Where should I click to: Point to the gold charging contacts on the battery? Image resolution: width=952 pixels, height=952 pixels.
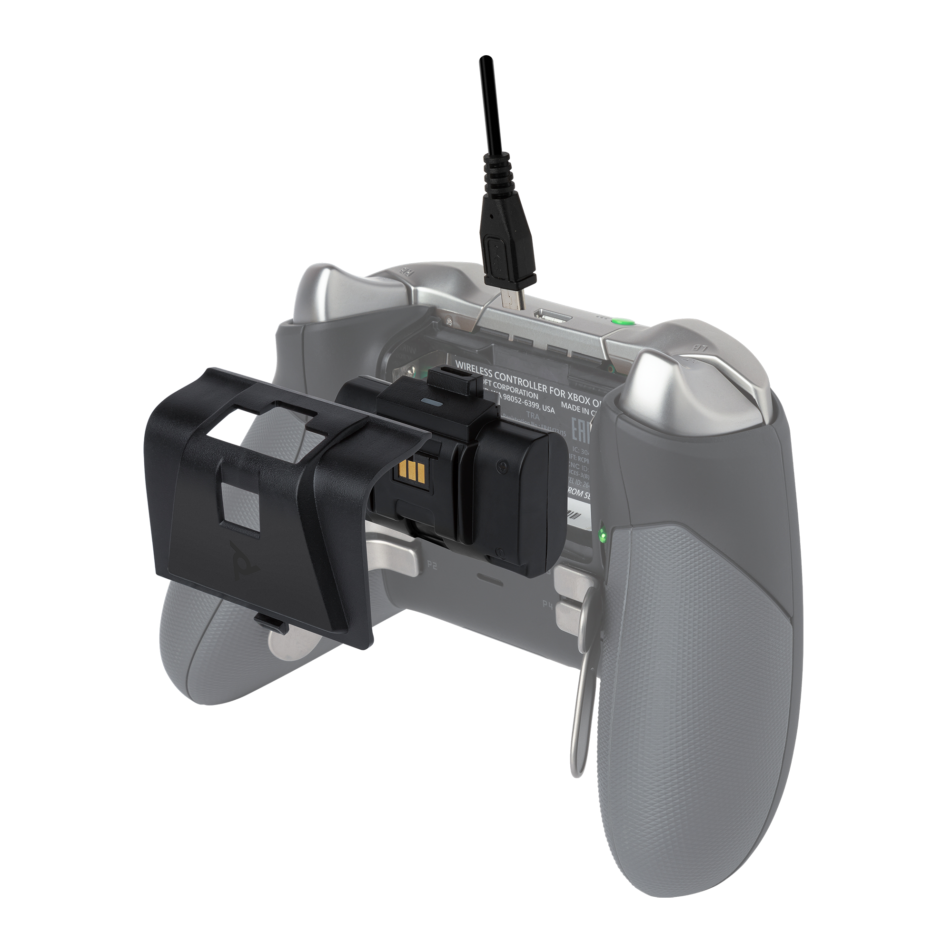click(410, 472)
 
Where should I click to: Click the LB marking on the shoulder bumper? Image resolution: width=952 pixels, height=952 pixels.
click(698, 348)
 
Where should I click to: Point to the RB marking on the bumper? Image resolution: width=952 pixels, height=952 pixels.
click(407, 271)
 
